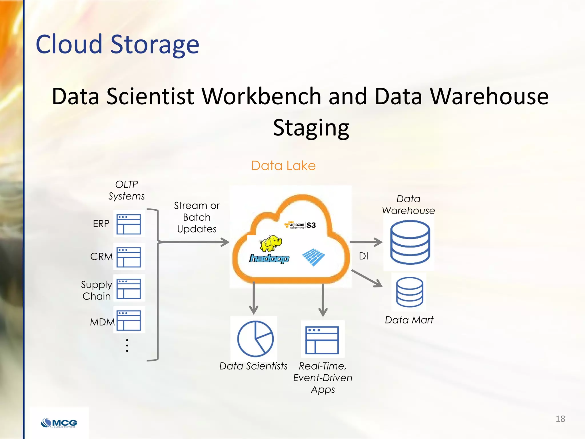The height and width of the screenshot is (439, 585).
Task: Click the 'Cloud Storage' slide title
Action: [117, 44]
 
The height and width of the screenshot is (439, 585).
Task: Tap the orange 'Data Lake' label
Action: [283, 165]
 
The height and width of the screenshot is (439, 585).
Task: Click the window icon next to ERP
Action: [129, 224]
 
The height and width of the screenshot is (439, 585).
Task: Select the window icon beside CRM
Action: [129, 257]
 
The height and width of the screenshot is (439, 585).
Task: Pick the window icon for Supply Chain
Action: [129, 288]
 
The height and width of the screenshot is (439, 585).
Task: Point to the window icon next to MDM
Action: [129, 320]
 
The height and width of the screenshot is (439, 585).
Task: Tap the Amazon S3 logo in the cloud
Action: [300, 225]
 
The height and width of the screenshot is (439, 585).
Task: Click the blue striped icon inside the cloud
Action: [313, 257]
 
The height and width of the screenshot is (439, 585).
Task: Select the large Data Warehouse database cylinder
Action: [410, 242]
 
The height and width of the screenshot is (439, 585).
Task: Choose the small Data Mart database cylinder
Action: [410, 292]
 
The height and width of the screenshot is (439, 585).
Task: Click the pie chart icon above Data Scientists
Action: [255, 339]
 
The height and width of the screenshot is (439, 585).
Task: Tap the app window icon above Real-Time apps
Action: [322, 340]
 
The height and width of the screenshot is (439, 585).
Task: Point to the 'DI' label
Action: [363, 256]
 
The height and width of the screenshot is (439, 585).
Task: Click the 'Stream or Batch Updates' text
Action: [197, 217]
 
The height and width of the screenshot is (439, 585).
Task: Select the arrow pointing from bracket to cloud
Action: [194, 242]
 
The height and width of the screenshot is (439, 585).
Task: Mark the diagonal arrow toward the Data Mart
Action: [367, 278]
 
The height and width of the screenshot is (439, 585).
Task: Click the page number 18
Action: [560, 419]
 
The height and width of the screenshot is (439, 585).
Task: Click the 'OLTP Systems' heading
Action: [127, 190]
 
